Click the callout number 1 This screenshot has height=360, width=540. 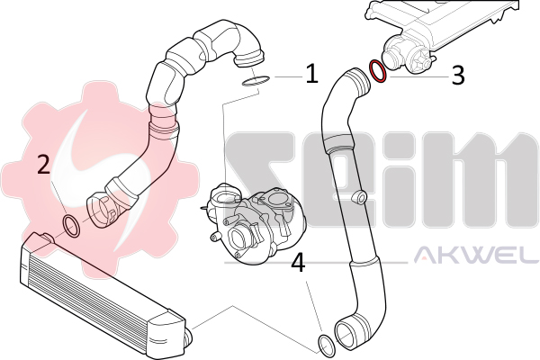(312, 73)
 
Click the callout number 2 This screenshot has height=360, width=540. (44, 164)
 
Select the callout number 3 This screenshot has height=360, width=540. (458, 76)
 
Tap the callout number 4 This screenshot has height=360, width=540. (298, 263)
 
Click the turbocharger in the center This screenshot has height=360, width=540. (255, 220)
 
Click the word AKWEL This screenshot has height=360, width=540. (476, 254)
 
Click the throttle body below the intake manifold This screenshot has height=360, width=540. (407, 55)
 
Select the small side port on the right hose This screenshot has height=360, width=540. (358, 197)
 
